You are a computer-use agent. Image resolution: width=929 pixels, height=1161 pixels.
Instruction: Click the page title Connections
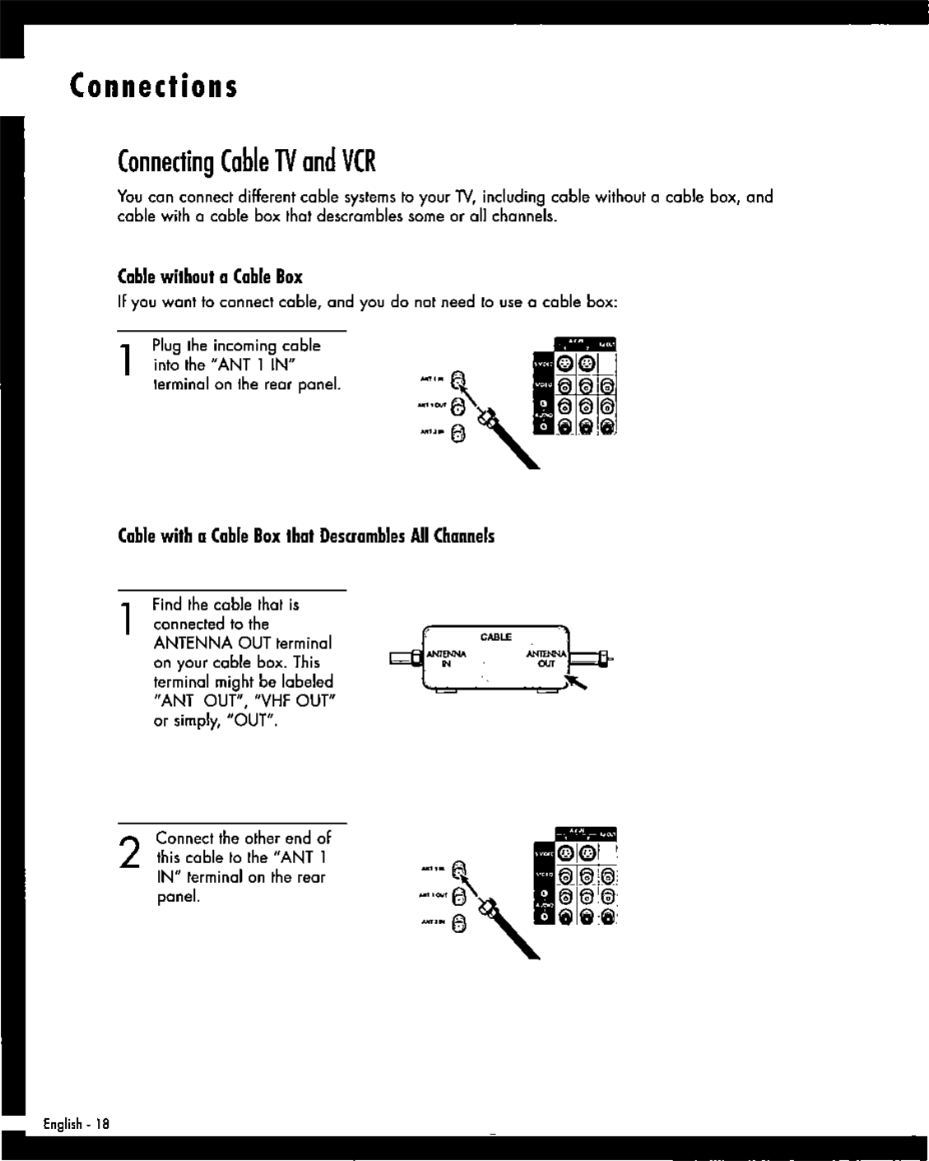point(154,86)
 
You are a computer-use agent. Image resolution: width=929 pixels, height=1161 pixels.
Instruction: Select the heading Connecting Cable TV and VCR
point(247,161)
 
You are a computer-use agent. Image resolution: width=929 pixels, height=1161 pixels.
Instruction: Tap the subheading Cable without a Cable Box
point(211,276)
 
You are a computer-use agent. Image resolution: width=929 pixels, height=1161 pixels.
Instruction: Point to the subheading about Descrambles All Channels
point(307,536)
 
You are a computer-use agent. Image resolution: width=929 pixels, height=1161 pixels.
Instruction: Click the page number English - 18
point(76,1124)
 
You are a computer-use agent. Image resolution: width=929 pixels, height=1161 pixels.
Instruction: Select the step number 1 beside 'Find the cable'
point(126,619)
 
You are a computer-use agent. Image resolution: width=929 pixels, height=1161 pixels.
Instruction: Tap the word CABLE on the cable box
point(496,637)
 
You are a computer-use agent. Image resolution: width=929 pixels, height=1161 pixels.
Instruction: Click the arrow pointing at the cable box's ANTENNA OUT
point(576,681)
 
